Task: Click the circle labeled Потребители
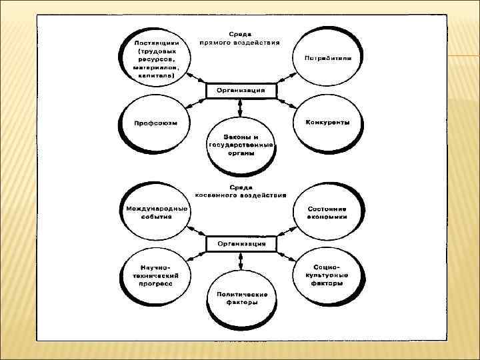pos(328,57)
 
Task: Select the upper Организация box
pos(241,91)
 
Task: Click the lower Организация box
pos(241,244)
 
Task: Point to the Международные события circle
pos(155,212)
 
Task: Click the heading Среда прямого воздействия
pos(240,37)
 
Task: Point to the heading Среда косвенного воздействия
pos(240,192)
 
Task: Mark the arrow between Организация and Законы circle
pos(241,108)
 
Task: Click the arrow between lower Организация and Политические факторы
pos(241,261)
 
